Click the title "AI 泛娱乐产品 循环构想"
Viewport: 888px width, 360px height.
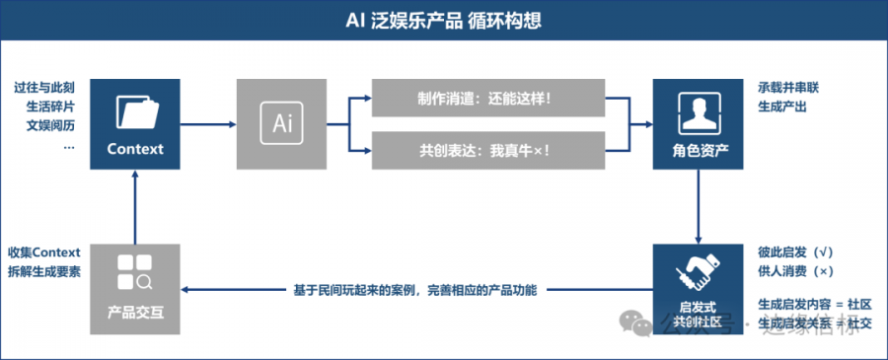(x=444, y=21)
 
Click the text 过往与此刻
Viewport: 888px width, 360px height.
(x=45, y=88)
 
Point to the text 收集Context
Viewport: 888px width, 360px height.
(x=44, y=252)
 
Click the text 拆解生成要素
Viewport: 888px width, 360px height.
(x=44, y=271)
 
